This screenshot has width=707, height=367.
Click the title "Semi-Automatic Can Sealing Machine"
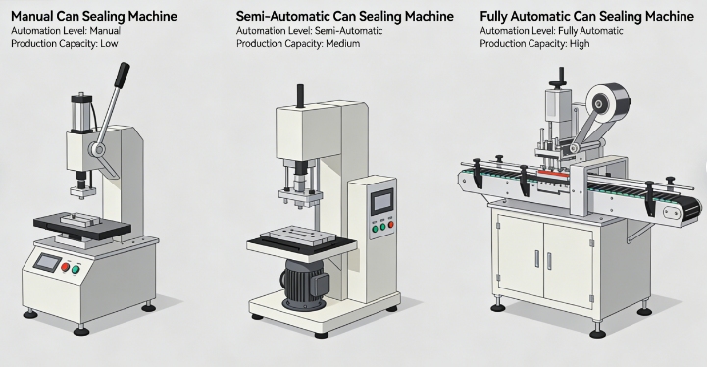coord(345,17)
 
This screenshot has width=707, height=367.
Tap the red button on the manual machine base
coord(66,267)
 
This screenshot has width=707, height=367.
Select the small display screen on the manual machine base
coord(46,263)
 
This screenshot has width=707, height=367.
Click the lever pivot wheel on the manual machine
coord(97,149)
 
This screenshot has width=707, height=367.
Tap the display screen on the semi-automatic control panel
coord(380,202)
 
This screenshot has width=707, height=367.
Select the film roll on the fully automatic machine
coord(605,105)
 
